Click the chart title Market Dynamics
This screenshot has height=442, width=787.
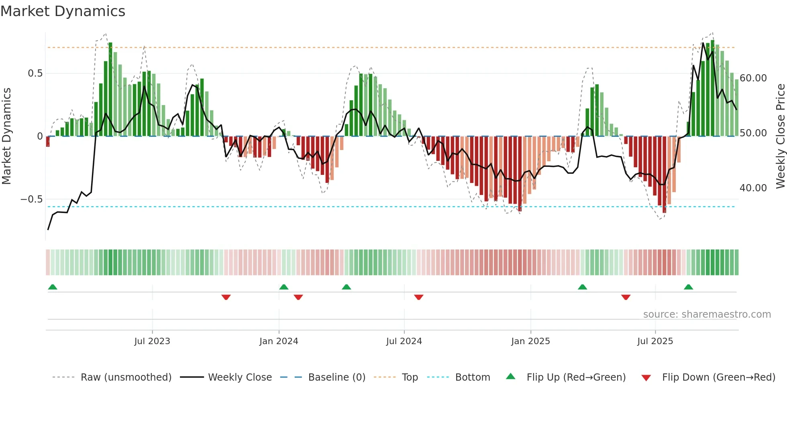pyautogui.click(x=63, y=11)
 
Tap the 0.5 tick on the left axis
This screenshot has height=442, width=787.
pyautogui.click(x=35, y=73)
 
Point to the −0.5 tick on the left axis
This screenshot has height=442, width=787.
pyautogui.click(x=31, y=199)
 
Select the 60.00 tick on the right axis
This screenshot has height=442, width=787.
pyautogui.click(x=753, y=78)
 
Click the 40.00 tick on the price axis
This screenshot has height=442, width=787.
pyautogui.click(x=753, y=188)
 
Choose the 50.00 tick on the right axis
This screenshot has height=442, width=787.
pyautogui.click(x=753, y=133)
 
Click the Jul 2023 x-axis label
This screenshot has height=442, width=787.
pyautogui.click(x=152, y=341)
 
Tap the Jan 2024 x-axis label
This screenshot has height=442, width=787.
pyautogui.click(x=279, y=341)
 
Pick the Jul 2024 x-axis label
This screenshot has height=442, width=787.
pyautogui.click(x=404, y=341)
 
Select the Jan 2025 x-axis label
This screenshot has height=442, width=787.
pyautogui.click(x=530, y=341)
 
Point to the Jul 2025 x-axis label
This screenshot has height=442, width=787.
pyautogui.click(x=655, y=341)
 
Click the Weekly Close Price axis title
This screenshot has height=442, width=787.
pyautogui.click(x=780, y=136)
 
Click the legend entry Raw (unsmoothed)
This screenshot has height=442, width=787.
pyautogui.click(x=126, y=377)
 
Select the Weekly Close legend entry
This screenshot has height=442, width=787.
pyautogui.click(x=240, y=377)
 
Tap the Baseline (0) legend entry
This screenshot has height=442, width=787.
pyautogui.click(x=336, y=377)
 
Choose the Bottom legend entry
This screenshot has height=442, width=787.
pyautogui.click(x=473, y=377)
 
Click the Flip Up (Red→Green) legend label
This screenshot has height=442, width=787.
pyautogui.click(x=576, y=377)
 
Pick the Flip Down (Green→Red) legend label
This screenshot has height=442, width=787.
pyautogui.click(x=718, y=377)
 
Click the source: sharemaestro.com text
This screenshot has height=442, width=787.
pyautogui.click(x=707, y=314)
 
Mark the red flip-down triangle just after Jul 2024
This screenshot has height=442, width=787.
pyautogui.click(x=419, y=297)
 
